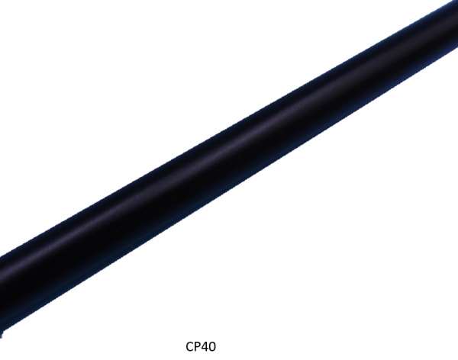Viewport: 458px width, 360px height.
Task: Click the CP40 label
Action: click(202, 346)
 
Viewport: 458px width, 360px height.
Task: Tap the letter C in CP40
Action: click(190, 346)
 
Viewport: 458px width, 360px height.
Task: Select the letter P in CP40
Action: click(198, 346)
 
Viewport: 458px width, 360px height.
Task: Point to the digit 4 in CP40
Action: click(205, 346)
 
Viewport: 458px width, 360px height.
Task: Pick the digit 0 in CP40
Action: click(213, 346)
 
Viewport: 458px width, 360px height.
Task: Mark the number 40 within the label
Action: click(209, 346)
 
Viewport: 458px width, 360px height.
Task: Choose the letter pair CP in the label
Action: click(194, 346)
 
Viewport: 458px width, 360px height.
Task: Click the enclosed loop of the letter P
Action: click(198, 344)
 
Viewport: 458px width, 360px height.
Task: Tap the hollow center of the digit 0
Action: click(213, 346)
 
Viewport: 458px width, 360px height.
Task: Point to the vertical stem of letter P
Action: click(195, 346)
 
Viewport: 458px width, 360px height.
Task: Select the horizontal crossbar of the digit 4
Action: click(205, 349)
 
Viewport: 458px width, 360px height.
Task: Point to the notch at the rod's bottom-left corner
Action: click(5, 333)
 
